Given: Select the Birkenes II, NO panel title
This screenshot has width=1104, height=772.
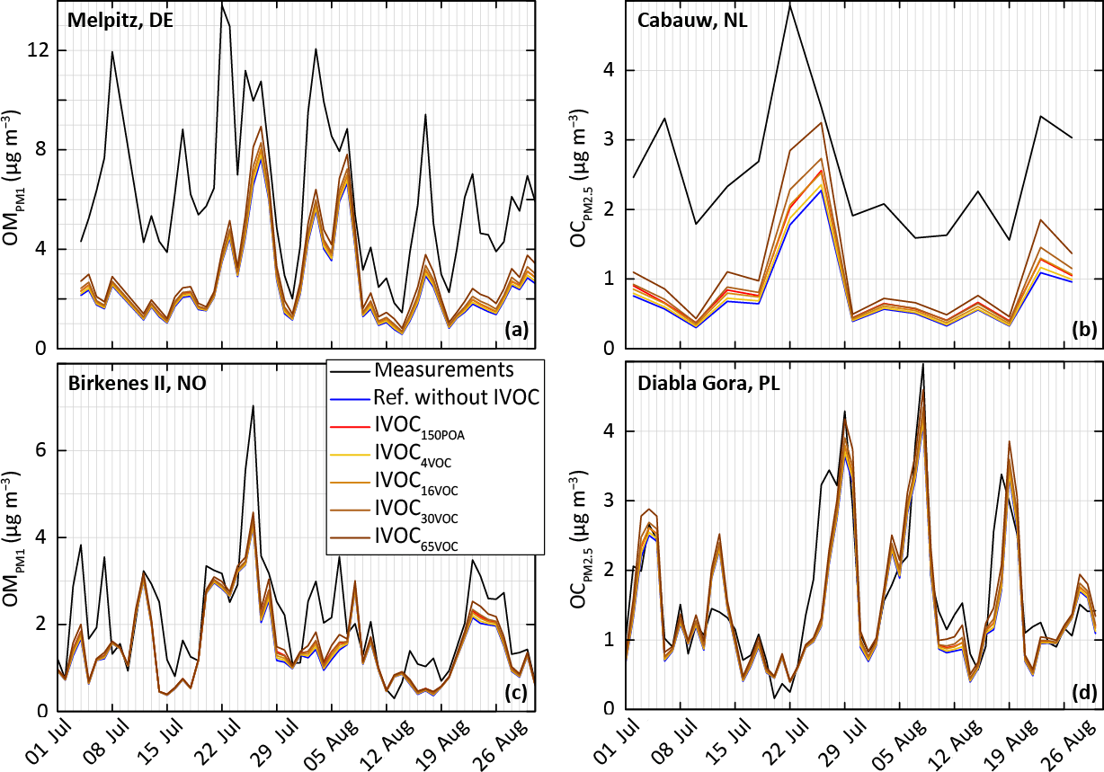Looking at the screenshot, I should (137, 385).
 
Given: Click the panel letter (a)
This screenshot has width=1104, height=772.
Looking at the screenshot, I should (516, 330).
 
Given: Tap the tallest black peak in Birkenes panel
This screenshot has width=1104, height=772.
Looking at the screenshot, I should (253, 405).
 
